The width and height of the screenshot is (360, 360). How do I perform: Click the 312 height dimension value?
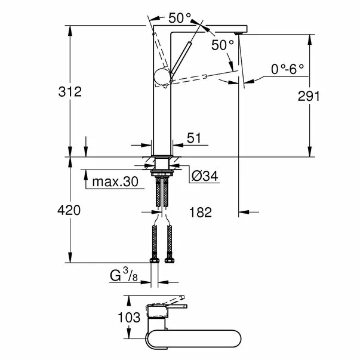tap(70, 92)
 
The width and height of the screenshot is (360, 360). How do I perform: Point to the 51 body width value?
tap(194, 139)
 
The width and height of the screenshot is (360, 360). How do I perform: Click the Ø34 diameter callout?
tap(202, 176)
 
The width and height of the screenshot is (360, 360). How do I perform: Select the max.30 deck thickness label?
tap(115, 181)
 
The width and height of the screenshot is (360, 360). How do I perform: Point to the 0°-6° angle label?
tap(288, 69)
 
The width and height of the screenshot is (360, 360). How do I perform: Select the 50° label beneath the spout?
tap(221, 45)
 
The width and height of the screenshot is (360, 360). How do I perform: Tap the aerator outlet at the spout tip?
tap(240, 33)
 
